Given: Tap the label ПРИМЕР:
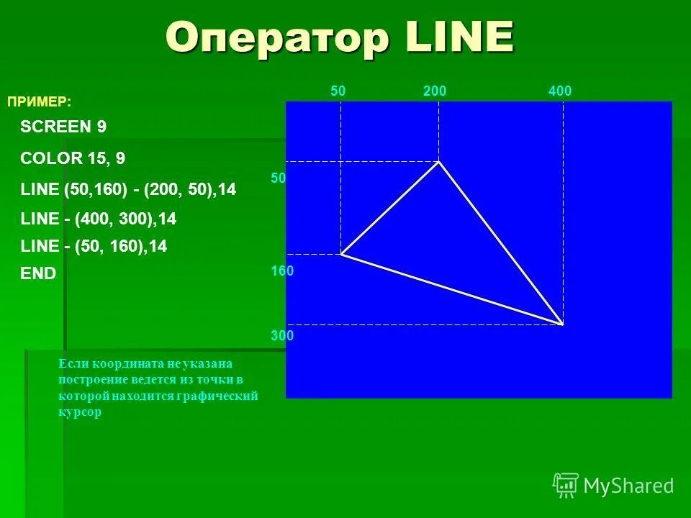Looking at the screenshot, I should (40, 102).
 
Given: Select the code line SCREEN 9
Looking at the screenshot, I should (63, 127).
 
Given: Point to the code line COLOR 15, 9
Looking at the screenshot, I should (73, 158).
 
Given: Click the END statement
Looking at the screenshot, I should (38, 273).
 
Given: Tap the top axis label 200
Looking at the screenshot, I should (435, 91).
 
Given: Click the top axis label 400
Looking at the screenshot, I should (559, 91).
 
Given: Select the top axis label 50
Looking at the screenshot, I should (338, 91).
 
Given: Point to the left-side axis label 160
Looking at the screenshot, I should (282, 271).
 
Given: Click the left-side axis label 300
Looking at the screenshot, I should (282, 335).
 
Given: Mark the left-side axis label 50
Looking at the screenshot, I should (279, 178).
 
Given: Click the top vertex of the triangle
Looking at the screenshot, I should (438, 162).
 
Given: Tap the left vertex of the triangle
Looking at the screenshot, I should (341, 254).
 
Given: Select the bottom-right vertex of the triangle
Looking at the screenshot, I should (562, 324).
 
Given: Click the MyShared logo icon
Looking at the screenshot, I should (566, 485).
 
